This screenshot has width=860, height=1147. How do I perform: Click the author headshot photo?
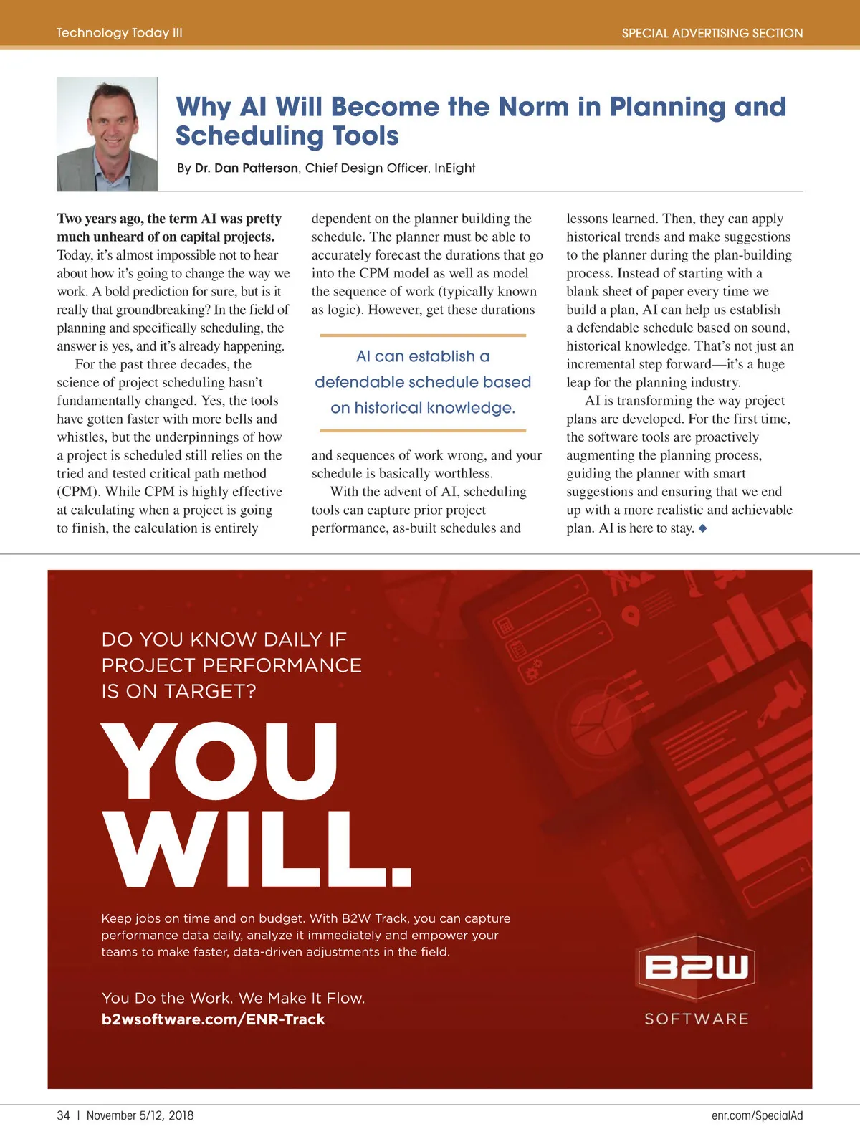tap(107, 134)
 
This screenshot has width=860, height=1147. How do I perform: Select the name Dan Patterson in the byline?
tap(256, 168)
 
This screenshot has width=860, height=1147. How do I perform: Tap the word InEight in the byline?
tap(454, 168)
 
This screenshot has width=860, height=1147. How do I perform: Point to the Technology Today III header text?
tap(120, 33)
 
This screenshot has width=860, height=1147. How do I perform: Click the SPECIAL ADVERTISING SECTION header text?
tap(712, 33)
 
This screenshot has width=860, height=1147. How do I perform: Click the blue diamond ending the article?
tap(703, 528)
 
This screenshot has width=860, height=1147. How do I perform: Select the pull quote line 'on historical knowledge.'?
tap(423, 408)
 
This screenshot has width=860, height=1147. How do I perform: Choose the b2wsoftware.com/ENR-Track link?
tap(213, 1019)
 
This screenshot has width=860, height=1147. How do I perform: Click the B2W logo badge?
tap(697, 967)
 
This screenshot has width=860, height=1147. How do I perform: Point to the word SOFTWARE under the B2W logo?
tap(697, 1019)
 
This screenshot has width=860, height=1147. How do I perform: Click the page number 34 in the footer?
tap(64, 1115)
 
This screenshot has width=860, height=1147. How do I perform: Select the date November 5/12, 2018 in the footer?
tap(140, 1115)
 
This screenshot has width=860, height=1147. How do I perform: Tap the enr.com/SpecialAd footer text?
tap(757, 1115)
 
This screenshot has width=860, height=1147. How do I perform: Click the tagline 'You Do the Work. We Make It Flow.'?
tap(233, 998)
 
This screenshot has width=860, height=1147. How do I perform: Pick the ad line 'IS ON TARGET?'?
tap(178, 691)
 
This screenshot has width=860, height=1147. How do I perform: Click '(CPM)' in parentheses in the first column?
tap(77, 492)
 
